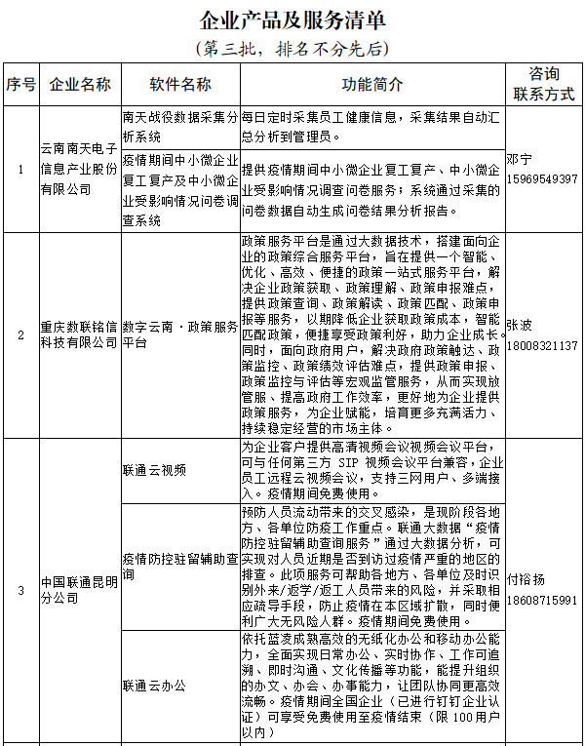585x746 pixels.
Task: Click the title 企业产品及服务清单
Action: [292, 20]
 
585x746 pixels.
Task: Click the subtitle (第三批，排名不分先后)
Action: [292, 48]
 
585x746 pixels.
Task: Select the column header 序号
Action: [19, 84]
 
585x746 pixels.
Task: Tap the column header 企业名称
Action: [80, 84]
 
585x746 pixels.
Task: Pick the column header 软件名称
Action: [180, 84]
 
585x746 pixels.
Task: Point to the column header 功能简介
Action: [371, 84]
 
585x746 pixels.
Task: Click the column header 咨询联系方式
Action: [543, 84]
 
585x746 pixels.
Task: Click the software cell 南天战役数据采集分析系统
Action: [180, 126]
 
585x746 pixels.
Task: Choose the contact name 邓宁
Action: [521, 159]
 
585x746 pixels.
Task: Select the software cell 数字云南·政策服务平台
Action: [180, 336]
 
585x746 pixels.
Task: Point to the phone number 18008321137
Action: [542, 345]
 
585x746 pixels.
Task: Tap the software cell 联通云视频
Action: [155, 470]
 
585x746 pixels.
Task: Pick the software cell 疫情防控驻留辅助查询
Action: [180, 567]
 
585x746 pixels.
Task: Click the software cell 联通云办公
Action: [155, 686]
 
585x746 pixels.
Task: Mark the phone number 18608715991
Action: [542, 600]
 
